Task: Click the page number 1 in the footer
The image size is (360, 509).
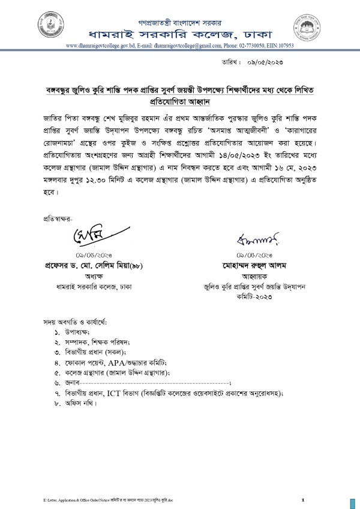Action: (304, 500)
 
